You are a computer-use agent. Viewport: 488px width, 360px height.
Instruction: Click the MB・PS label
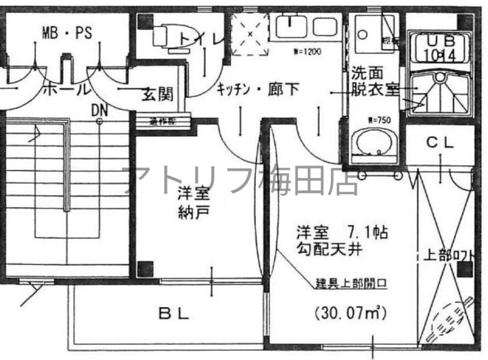[67, 33]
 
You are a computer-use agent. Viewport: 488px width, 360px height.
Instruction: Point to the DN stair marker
[99, 111]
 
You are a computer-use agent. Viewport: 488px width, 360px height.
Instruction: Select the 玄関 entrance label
[157, 95]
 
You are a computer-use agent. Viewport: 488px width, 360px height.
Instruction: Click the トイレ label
[202, 39]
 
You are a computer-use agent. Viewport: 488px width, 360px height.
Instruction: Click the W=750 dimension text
[377, 119]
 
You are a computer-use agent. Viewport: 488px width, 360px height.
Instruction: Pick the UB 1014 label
[440, 48]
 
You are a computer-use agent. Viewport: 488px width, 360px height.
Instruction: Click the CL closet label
[440, 143]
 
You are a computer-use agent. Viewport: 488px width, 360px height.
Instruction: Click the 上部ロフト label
[449, 256]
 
